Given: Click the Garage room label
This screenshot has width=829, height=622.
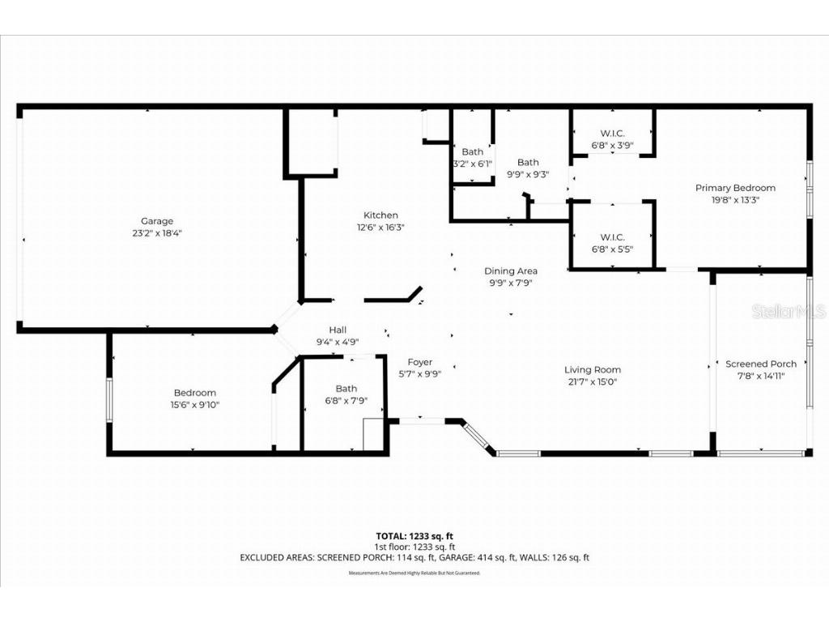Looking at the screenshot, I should [157, 221].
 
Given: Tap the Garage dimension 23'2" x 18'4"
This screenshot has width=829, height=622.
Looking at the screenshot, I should [157, 233].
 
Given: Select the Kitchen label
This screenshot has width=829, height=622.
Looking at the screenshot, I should [380, 215].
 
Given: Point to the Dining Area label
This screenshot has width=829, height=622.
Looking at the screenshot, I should [511, 271].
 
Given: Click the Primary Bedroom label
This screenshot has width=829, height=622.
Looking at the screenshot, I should [735, 188].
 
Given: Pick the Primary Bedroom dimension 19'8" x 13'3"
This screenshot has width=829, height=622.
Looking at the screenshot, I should [735, 199].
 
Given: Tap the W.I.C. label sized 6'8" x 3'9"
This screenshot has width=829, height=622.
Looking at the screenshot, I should [612, 134].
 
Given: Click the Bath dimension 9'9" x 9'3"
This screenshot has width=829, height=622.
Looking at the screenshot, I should [528, 174].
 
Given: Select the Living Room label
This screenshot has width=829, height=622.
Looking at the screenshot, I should [593, 370].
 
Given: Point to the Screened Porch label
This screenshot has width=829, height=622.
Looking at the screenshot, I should [761, 364].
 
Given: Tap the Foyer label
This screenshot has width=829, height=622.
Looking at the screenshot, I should [419, 362].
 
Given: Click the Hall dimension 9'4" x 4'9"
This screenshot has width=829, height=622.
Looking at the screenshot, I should [338, 342].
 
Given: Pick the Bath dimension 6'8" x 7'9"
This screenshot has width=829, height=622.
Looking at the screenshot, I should [346, 400].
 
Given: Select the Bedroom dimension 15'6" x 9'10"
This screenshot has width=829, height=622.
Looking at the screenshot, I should [194, 405].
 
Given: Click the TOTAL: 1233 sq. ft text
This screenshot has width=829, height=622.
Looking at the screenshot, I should [414, 536].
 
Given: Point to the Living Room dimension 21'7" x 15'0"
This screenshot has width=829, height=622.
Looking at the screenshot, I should [593, 381].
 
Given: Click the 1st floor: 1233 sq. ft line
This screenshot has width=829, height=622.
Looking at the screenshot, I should [414, 547].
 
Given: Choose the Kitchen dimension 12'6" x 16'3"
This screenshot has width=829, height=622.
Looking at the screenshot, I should [380, 228].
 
